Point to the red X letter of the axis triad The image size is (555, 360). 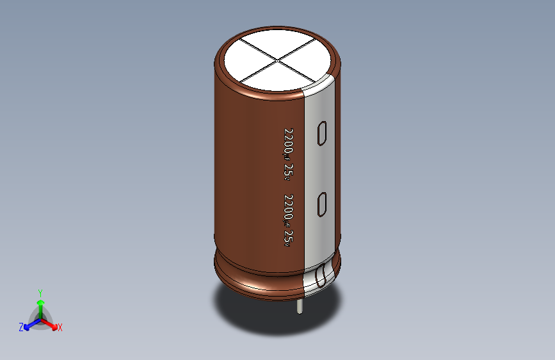[60, 327]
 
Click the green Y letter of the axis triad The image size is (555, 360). [40, 292]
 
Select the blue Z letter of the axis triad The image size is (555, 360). [21, 327]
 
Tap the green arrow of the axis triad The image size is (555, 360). [40, 304]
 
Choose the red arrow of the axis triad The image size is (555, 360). [51, 323]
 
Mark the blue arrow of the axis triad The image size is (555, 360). [29, 324]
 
